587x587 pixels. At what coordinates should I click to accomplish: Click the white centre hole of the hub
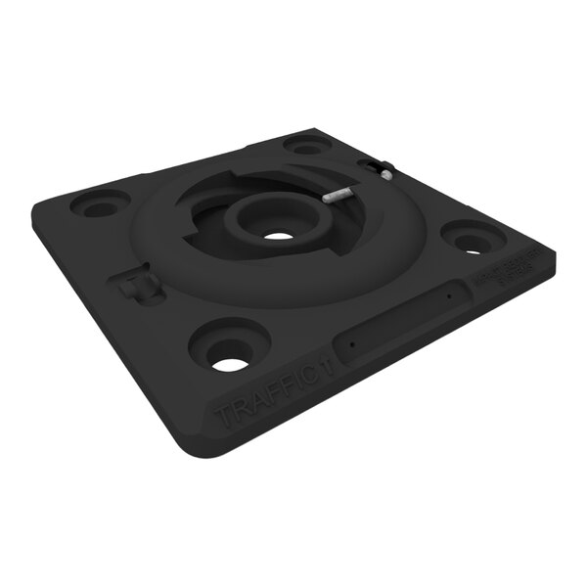[279, 236]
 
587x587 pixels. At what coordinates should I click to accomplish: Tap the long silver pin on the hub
[337, 195]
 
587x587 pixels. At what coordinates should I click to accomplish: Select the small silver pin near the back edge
[385, 175]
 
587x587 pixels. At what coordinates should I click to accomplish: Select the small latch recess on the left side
[138, 287]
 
